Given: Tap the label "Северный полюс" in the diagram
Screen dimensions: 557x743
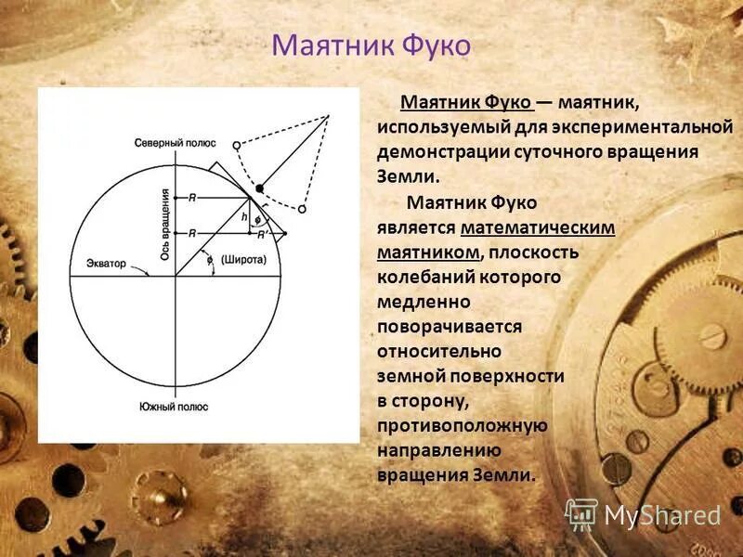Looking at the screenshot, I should coord(175,143).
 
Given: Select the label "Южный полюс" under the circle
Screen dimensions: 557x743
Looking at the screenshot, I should coord(174,407).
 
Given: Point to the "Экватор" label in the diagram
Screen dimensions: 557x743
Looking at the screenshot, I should coord(106,264).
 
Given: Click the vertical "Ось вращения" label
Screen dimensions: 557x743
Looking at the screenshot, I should coord(165,223).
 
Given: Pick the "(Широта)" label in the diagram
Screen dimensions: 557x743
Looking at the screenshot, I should coord(243,260).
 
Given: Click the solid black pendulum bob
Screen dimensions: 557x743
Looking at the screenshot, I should coord(260,188).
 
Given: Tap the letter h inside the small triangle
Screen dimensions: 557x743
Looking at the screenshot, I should coord(244,217).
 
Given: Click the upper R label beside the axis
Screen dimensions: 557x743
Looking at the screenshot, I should coord(192,197).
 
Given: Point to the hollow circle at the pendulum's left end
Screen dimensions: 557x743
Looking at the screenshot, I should coord(237,145).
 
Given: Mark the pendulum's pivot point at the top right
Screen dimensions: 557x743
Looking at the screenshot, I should coord(329,116).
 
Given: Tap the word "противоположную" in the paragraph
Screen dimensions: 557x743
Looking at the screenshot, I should coord(462,425).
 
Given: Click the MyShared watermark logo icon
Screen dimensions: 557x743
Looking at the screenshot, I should coord(581,513).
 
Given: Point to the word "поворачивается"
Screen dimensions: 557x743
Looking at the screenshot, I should coord(450,327).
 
